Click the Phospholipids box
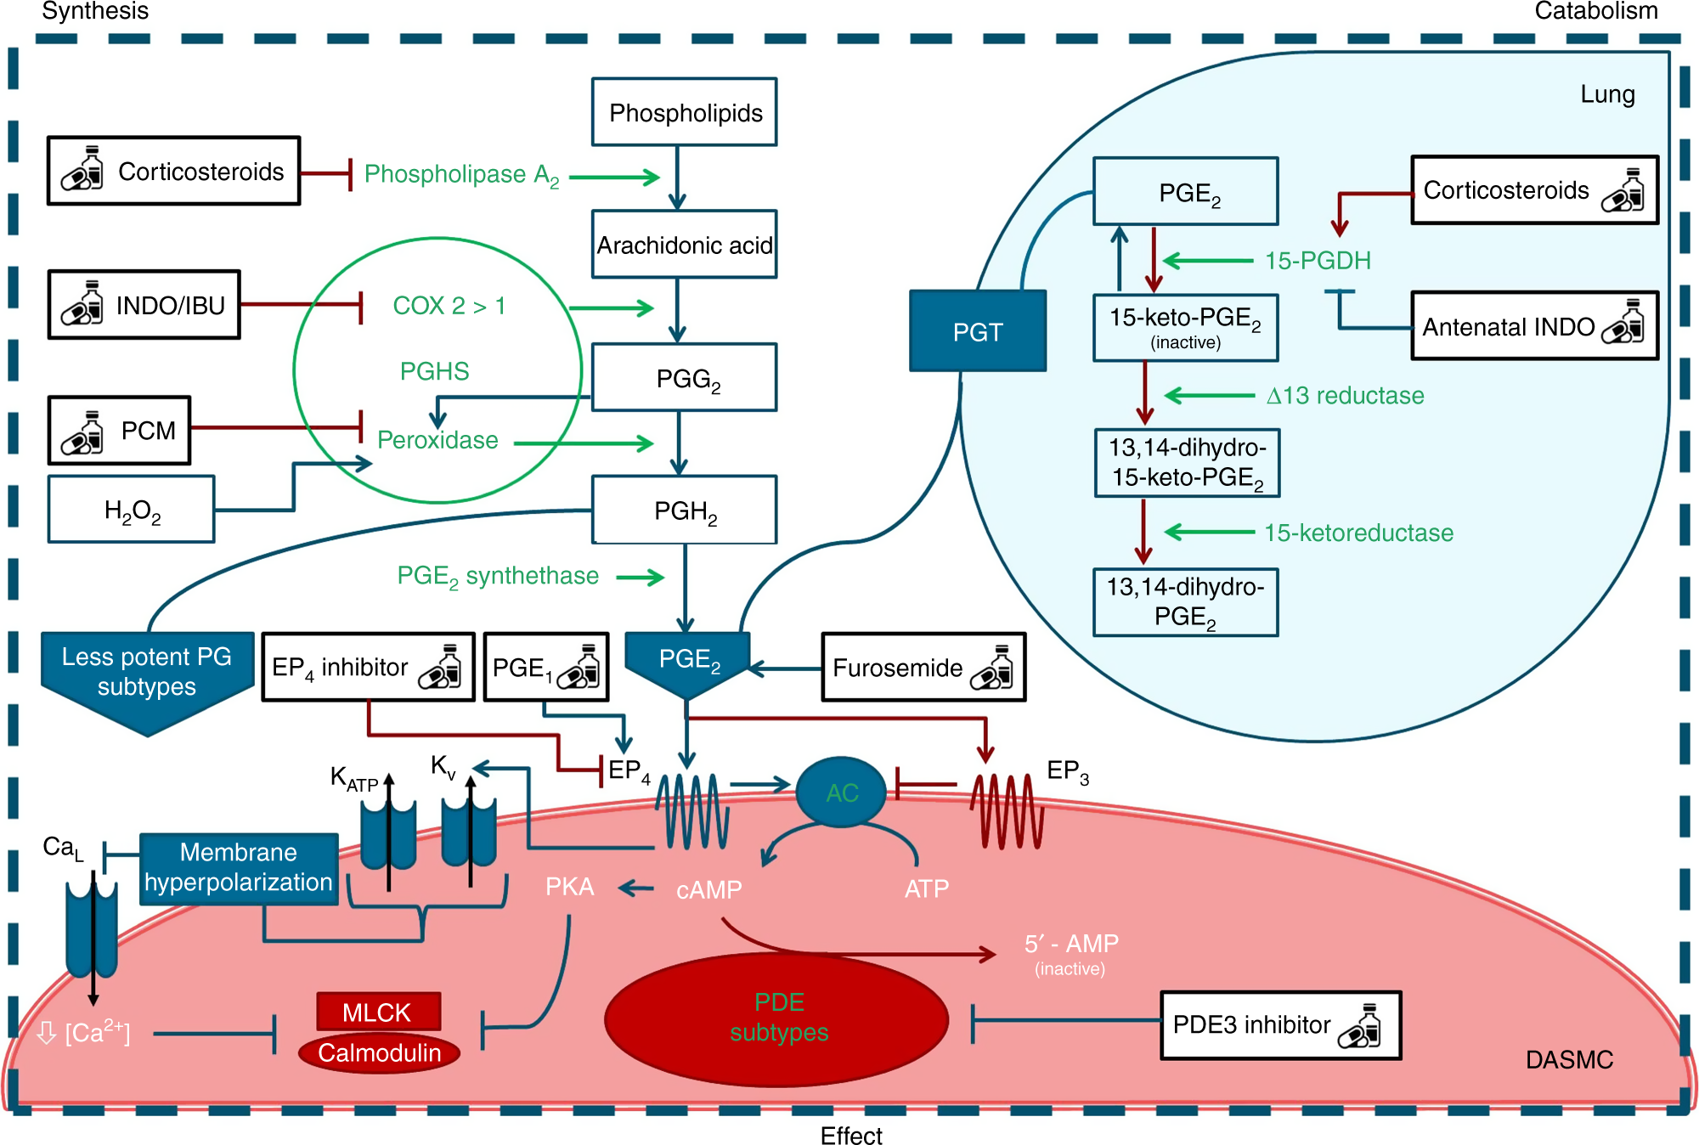(684, 112)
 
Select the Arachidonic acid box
(684, 245)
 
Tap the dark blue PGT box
(977, 331)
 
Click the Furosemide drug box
(923, 668)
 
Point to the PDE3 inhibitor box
(1280, 1025)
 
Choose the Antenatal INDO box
(1534, 326)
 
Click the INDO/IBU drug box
(144, 305)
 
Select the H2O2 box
(132, 510)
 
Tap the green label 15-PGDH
(1318, 261)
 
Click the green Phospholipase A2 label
(461, 175)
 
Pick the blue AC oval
(841, 792)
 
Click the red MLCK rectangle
(378, 1012)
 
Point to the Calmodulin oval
(379, 1053)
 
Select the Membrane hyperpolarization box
(239, 868)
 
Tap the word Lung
(1607, 94)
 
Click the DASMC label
(1569, 1060)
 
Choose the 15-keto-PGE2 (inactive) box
(1185, 328)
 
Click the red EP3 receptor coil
(1007, 811)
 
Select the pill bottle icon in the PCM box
(82, 432)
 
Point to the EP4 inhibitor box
(368, 668)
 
